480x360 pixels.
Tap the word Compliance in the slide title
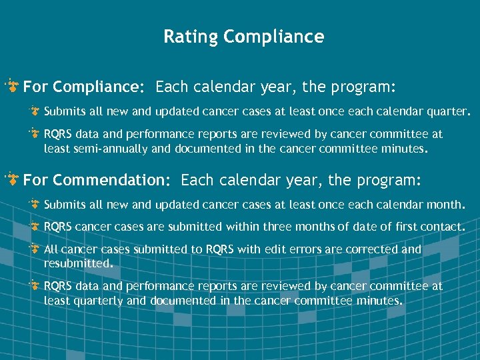coord(274,37)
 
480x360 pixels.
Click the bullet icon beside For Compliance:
coord(12,87)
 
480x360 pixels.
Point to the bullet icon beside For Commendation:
coord(12,179)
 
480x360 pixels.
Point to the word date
coord(367,227)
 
